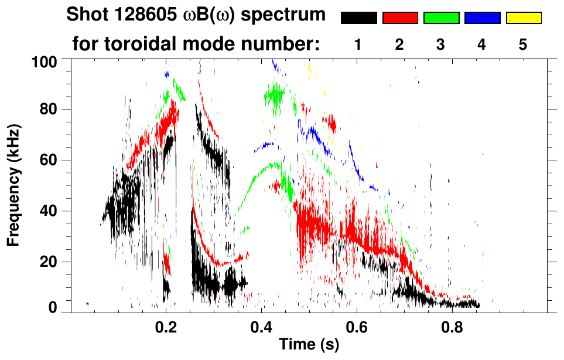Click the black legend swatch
click(x=358, y=18)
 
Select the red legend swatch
click(x=400, y=18)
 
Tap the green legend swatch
click(x=441, y=18)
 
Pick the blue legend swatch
click(x=482, y=18)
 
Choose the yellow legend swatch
click(x=523, y=18)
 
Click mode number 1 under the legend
click(x=358, y=44)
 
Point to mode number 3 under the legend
click(x=441, y=44)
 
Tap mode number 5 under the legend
click(x=523, y=44)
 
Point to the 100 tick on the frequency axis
click(x=46, y=60)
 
